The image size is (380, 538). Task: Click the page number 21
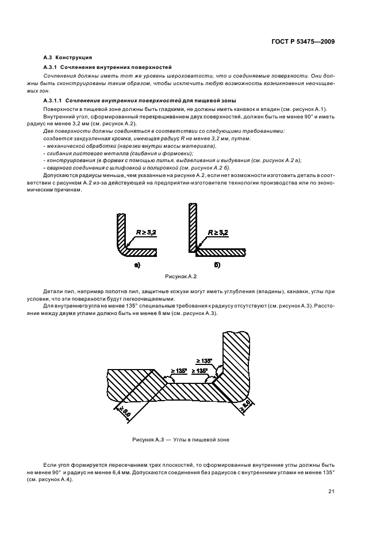(332, 491)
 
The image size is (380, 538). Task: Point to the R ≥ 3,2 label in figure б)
(217, 232)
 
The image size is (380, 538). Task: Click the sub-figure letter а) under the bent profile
(137, 265)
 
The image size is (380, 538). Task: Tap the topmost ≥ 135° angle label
(204, 360)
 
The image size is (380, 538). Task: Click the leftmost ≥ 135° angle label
(179, 371)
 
